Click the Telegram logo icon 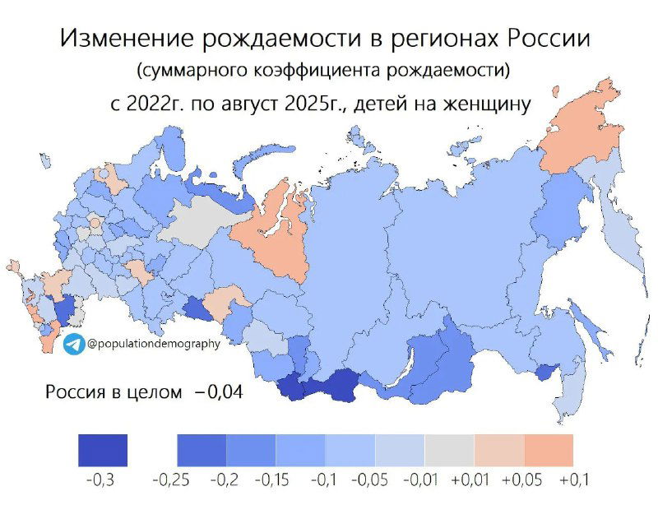coord(73,344)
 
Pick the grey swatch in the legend coord(449,450)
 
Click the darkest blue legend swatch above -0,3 coord(103,450)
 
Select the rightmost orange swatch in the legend coord(548,450)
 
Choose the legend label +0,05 coord(523,479)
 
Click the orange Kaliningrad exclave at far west coord(12,266)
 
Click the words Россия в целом coord(113,392)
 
